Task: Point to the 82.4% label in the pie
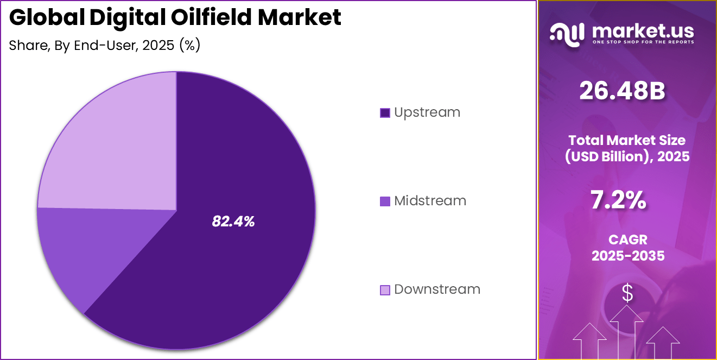tap(233, 221)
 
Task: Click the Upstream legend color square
tap(385, 113)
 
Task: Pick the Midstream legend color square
tap(385, 201)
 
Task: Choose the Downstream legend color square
tap(385, 290)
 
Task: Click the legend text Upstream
tap(427, 112)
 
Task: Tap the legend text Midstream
tap(430, 201)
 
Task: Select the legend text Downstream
tap(437, 289)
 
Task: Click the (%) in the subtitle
tap(189, 46)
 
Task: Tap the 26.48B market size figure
tap(622, 91)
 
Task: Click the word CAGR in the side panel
tap(628, 239)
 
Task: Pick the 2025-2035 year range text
tap(628, 256)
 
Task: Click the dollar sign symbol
tap(627, 293)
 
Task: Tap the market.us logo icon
tap(567, 34)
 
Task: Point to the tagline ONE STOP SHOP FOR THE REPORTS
tap(643, 42)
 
